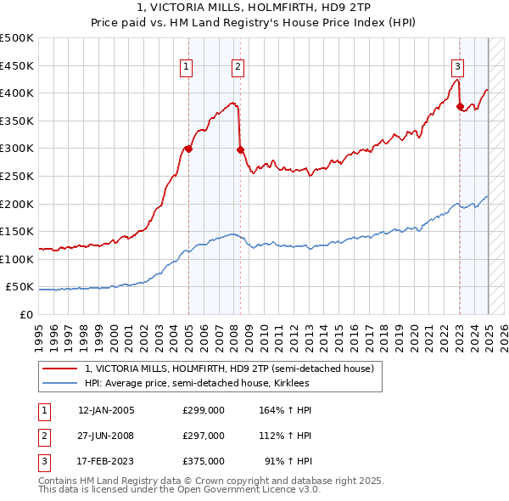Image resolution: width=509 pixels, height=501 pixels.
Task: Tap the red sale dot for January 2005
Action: pyautogui.click(x=188, y=149)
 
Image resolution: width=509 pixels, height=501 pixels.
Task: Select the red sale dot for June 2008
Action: pyautogui.click(x=240, y=149)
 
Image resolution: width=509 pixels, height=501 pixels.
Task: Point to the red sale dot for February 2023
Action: pyautogui.click(x=460, y=106)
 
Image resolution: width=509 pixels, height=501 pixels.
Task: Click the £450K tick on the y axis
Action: pyautogui.click(x=18, y=65)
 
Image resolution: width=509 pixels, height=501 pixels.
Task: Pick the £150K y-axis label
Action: pyautogui.click(x=18, y=232)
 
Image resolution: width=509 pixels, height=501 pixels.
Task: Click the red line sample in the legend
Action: pyautogui.click(x=60, y=369)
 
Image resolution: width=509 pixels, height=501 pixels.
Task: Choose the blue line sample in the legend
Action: pyautogui.click(x=60, y=383)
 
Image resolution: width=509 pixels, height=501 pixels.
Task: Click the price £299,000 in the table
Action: pyautogui.click(x=204, y=410)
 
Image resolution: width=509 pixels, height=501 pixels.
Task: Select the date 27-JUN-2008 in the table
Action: pyautogui.click(x=106, y=436)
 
